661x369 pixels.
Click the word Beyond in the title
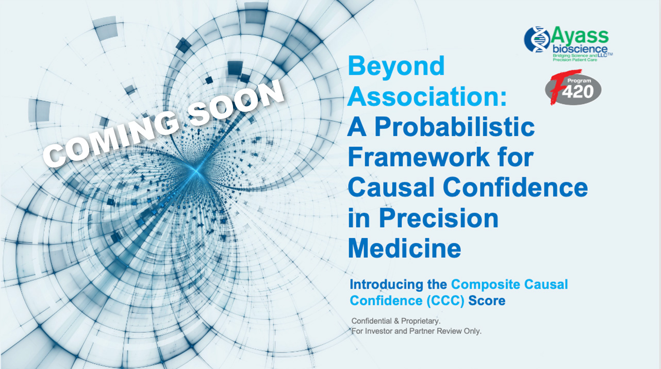[x=396, y=67]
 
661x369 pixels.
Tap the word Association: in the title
[x=427, y=96]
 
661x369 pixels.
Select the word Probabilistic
[x=454, y=128]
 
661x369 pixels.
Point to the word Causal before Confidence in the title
[x=391, y=187]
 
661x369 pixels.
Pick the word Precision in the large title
[x=438, y=219]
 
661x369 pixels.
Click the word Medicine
[x=405, y=248]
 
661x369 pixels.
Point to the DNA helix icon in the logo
[x=537, y=39]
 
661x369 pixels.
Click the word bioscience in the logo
[x=580, y=49]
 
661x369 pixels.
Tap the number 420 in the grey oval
[x=578, y=92]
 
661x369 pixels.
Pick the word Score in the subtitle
[x=487, y=301]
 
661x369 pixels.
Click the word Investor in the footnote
[x=378, y=331]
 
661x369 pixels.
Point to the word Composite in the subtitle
[x=485, y=284]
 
